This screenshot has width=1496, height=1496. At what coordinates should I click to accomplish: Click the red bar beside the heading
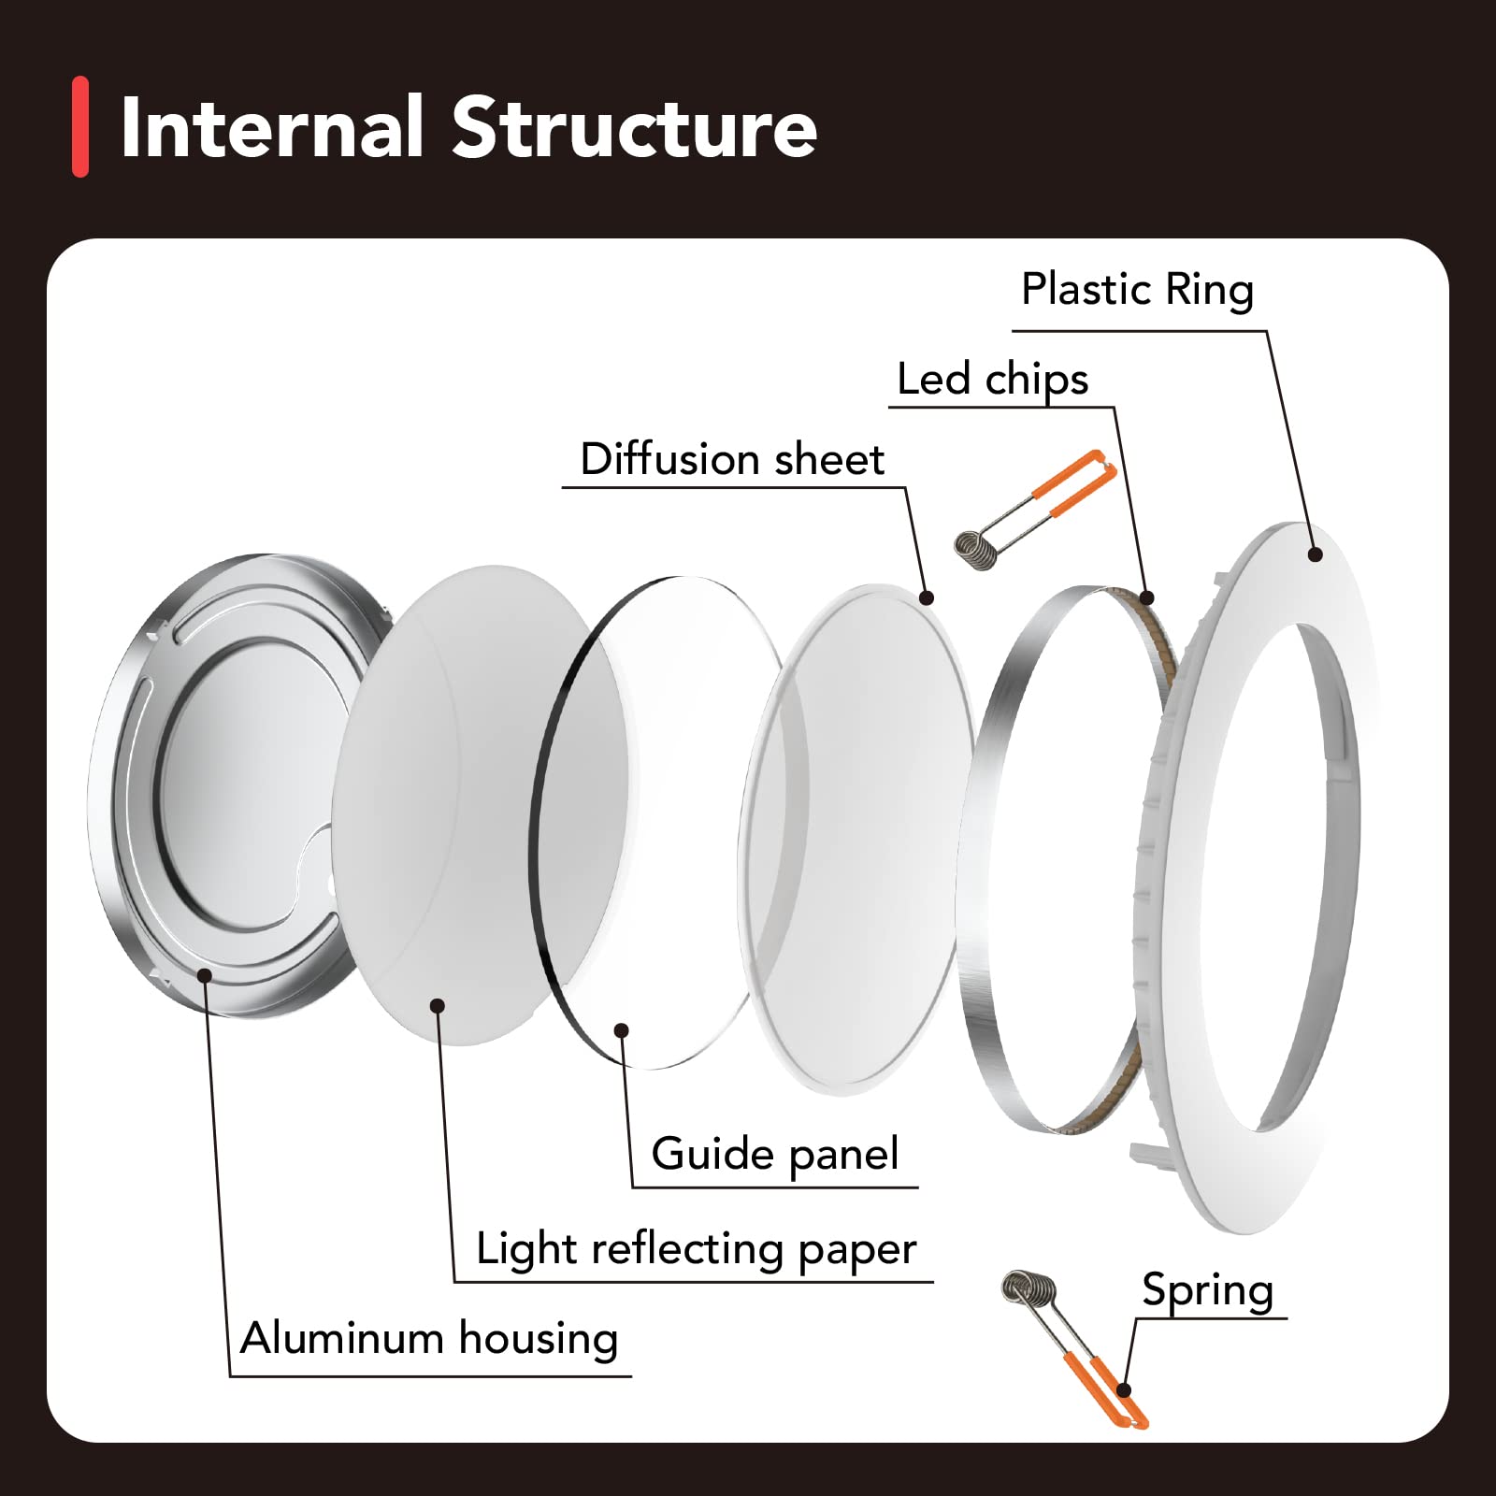click(x=80, y=126)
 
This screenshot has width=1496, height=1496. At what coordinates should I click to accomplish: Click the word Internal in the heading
click(x=272, y=127)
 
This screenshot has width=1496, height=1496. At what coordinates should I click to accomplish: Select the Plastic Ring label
click(x=1137, y=289)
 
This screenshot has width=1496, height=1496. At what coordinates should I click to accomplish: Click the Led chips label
click(x=992, y=379)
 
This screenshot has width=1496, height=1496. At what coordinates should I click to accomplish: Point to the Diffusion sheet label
click(x=732, y=459)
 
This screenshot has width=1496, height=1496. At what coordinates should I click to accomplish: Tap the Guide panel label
click(x=775, y=1154)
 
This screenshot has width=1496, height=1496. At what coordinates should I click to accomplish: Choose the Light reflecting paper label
click(x=696, y=1249)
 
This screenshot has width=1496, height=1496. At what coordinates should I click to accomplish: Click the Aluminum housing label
click(x=429, y=1339)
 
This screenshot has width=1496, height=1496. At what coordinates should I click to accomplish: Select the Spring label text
click(x=1207, y=1290)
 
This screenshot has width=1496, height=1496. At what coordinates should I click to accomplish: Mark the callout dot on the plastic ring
click(x=1316, y=554)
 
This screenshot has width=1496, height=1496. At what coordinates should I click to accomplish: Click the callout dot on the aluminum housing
click(x=206, y=974)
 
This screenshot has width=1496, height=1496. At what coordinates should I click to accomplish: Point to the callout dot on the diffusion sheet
click(x=927, y=597)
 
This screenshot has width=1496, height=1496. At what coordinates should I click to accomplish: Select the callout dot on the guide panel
click(x=621, y=1030)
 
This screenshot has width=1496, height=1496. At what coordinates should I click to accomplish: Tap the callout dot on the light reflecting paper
click(x=437, y=1005)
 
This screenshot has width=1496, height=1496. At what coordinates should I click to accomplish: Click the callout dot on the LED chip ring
click(x=1147, y=597)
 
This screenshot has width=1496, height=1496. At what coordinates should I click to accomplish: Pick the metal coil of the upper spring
click(x=977, y=548)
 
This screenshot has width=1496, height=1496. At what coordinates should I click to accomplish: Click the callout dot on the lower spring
click(x=1125, y=1390)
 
